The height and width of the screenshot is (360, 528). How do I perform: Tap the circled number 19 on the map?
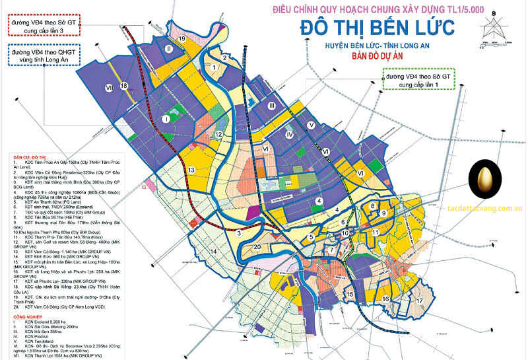181,40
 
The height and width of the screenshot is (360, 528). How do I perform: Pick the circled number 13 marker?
191,170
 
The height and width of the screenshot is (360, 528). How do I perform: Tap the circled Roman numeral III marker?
271,106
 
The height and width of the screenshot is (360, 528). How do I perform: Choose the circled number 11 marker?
375,233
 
